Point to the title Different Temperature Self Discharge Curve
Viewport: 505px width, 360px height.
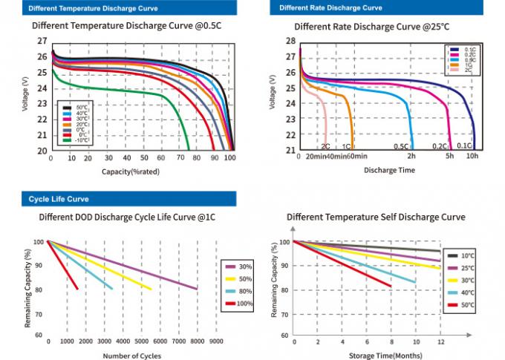coord(376,217)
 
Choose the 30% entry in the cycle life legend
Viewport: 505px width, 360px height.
coord(239,266)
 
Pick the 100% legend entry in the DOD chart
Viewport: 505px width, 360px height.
coord(239,304)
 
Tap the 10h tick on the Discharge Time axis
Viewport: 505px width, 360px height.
coord(472,157)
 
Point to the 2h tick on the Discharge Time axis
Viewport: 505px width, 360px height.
coord(410,157)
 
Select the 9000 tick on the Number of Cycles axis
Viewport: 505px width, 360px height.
coord(215,341)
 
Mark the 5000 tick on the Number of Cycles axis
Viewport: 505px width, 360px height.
coord(141,341)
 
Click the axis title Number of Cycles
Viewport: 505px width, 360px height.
coord(131,356)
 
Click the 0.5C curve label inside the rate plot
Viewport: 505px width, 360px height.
coord(400,146)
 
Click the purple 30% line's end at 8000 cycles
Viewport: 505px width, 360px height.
coord(196,288)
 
